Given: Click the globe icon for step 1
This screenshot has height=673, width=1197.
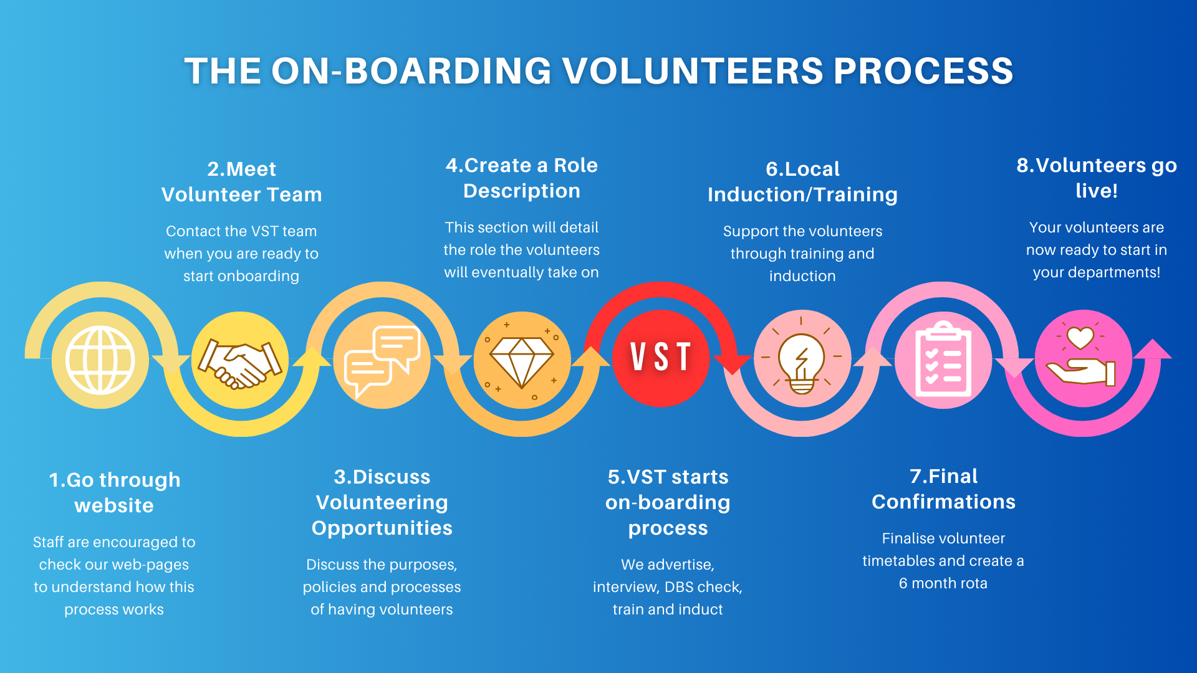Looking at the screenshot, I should (100, 360).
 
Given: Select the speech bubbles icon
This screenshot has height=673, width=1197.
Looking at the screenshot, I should (382, 360).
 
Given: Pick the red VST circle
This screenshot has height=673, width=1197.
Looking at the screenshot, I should (661, 358).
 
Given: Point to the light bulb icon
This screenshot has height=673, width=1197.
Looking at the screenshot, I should (802, 359).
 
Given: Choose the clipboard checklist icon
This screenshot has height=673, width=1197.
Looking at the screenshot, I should (943, 360).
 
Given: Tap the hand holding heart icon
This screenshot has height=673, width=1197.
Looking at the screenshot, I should (1083, 359).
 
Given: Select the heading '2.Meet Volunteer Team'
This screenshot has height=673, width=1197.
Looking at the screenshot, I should (241, 181).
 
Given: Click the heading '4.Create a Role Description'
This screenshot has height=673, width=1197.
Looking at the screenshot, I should (521, 178).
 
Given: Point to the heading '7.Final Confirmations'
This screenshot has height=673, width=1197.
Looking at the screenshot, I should (943, 489).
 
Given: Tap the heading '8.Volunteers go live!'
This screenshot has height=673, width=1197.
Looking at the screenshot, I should (1096, 178).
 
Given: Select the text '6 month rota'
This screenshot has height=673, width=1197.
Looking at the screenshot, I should (943, 583).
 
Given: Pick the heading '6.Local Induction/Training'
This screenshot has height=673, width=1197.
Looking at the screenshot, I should (802, 181).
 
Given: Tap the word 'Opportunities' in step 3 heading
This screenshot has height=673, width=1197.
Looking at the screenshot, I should (382, 528).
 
